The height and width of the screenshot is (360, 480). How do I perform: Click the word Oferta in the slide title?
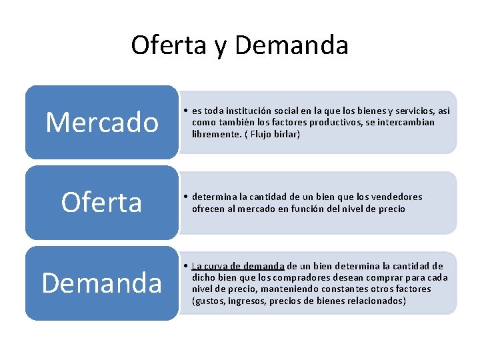point(167,45)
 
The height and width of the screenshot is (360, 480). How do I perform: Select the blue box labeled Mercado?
point(102,122)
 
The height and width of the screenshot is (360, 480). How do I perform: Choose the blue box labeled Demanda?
point(102,283)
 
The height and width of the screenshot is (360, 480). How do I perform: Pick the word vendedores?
point(395,197)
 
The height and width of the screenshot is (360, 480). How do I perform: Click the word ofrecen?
point(209,209)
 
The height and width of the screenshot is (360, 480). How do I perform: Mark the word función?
point(314,209)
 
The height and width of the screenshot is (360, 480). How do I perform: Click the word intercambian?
point(408,122)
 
